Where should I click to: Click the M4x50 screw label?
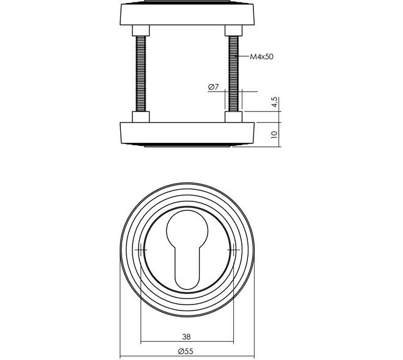tap(261, 57)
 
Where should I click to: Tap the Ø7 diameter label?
tap(213, 87)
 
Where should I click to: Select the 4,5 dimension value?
tap(275, 102)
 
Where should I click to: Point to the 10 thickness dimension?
tap(275, 135)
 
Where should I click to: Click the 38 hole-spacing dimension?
tap(187, 337)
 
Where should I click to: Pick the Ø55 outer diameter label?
tap(186, 351)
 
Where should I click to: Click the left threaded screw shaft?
tap(140, 73)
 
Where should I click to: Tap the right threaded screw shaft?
tap(233, 73)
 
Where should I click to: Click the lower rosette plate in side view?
tap(187, 134)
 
